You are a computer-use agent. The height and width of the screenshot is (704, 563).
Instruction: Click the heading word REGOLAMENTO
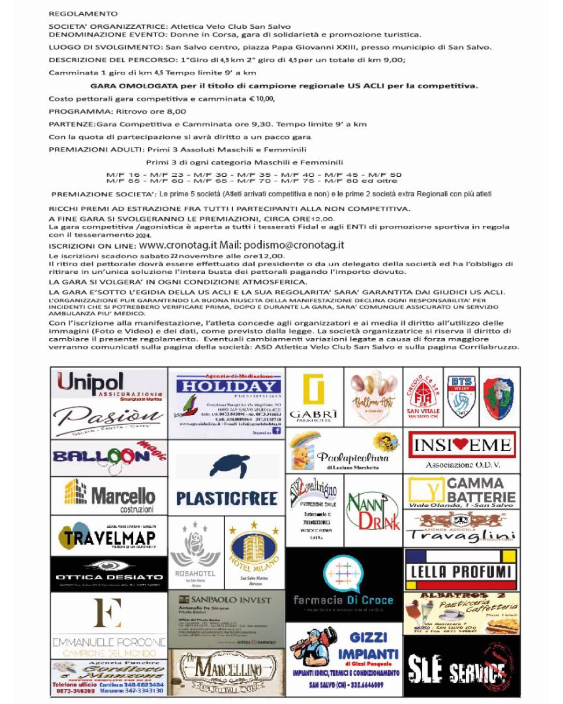[83, 14]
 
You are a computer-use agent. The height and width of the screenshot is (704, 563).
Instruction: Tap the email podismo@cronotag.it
[293, 245]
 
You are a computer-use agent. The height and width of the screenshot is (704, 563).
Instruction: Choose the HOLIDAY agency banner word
[228, 386]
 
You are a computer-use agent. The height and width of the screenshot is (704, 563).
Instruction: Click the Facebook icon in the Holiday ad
[277, 431]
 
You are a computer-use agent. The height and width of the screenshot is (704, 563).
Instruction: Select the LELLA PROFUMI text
[461, 572]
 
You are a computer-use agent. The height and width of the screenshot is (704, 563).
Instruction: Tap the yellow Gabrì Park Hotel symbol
[314, 389]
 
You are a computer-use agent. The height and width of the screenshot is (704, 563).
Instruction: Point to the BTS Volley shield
[461, 396]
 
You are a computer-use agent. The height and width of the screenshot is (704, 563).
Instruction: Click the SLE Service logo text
[457, 671]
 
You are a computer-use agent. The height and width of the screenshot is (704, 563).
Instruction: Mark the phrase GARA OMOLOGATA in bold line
[128, 86]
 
